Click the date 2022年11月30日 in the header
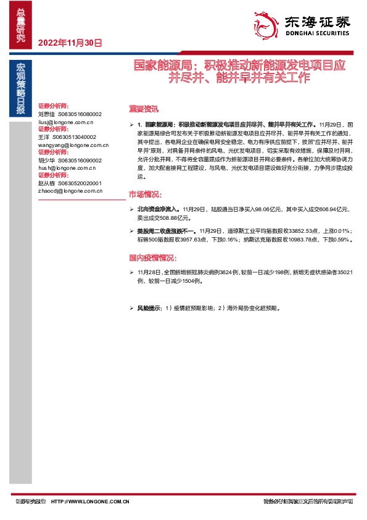coord(70,43)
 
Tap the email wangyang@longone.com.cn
coord(73,145)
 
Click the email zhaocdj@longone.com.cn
coord(70,191)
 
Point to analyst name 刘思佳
coord(47,114)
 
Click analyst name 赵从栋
coord(47,183)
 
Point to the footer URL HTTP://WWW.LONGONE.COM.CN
coord(89,501)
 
